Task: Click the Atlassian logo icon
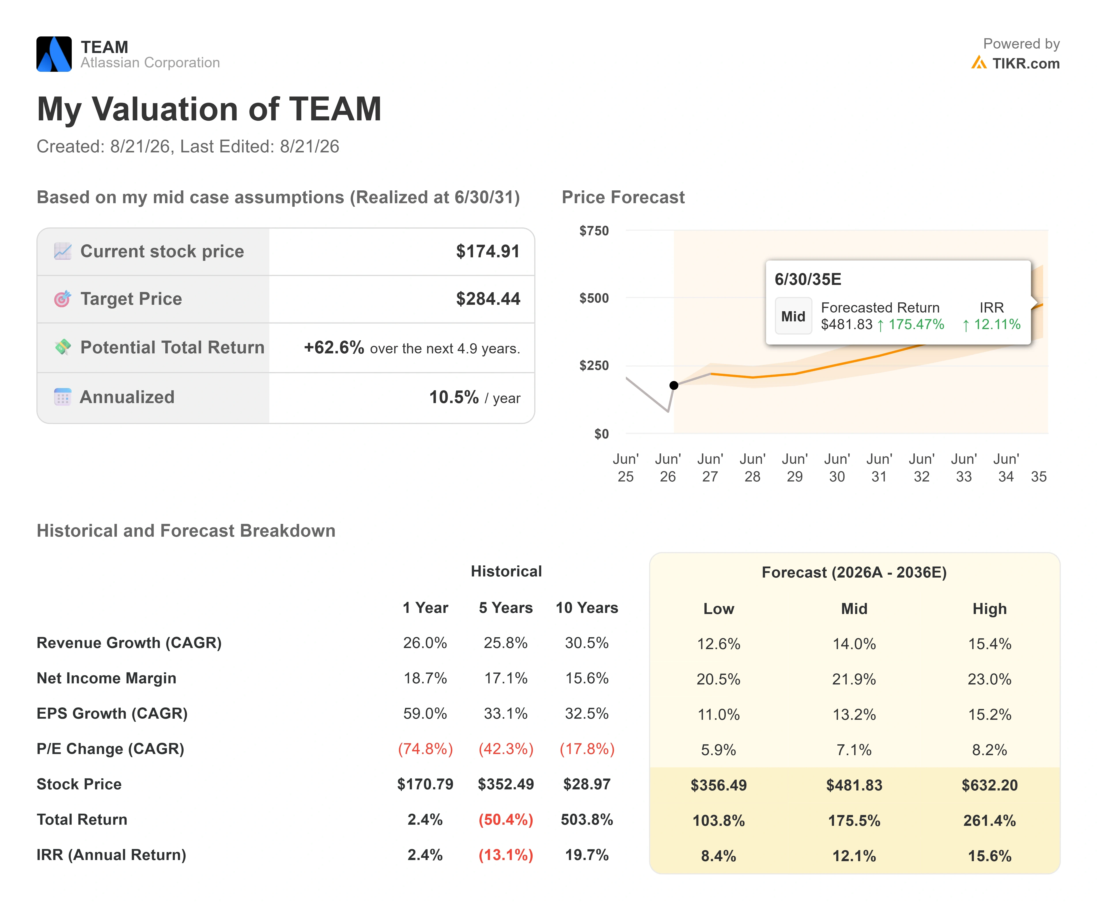pyautogui.click(x=54, y=54)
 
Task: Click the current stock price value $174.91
pyautogui.click(x=488, y=252)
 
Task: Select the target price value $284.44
pyautogui.click(x=488, y=299)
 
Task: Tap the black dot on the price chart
pyautogui.click(x=674, y=385)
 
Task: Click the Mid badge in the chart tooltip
pyautogui.click(x=793, y=316)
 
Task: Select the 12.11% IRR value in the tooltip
pyautogui.click(x=991, y=325)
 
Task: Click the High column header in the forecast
pyautogui.click(x=989, y=609)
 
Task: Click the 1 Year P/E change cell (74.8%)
pyautogui.click(x=426, y=749)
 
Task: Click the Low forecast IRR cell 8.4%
pyautogui.click(x=718, y=856)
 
